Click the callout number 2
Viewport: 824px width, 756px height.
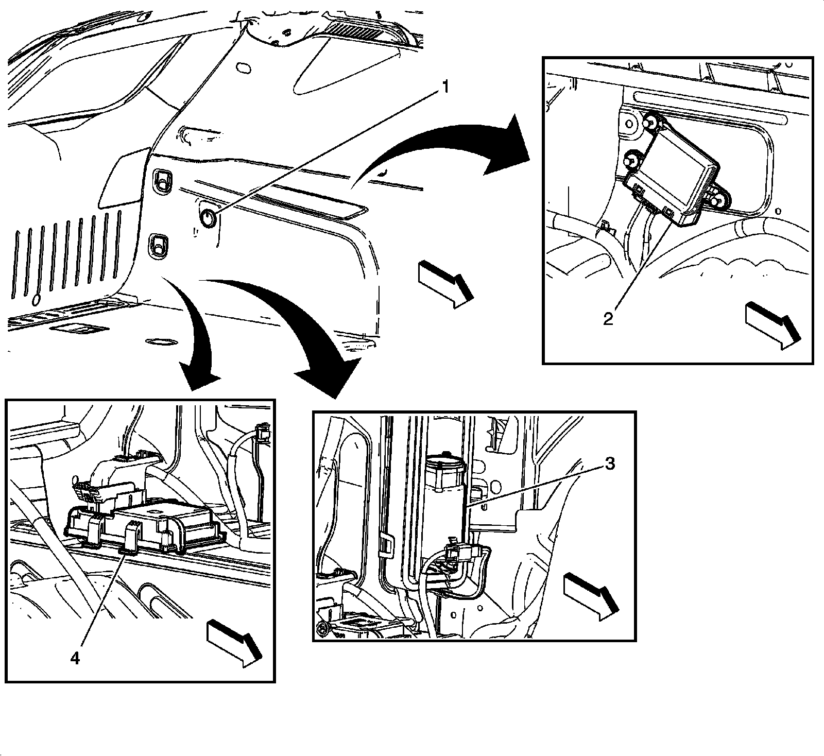point(608,319)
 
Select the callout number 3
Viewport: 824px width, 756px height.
point(609,464)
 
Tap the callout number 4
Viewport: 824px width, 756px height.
point(75,658)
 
